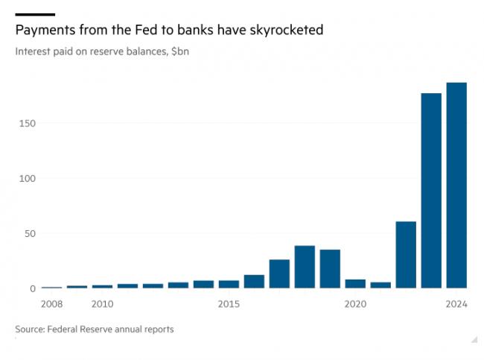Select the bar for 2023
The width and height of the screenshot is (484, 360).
click(431, 190)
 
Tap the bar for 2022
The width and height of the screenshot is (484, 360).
click(406, 254)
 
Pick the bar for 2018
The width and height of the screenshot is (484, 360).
click(305, 267)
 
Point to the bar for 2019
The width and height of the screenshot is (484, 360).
click(330, 268)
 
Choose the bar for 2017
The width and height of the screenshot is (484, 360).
click(279, 274)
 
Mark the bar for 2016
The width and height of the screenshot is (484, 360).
click(254, 281)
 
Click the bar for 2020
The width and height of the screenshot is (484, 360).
click(355, 283)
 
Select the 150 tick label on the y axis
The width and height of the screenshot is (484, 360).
click(27, 123)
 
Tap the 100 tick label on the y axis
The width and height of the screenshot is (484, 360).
click(27, 178)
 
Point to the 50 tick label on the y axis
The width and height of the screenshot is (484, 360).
click(29, 233)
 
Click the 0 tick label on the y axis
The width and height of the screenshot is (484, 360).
click(33, 288)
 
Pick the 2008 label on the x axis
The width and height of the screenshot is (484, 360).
click(52, 303)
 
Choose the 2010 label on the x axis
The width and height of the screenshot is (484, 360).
click(103, 303)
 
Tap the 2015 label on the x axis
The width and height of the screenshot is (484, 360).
click(229, 303)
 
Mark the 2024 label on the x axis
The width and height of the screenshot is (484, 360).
click(456, 303)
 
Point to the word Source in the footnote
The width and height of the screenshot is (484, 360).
click(31, 329)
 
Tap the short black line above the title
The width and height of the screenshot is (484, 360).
click(34, 13)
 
